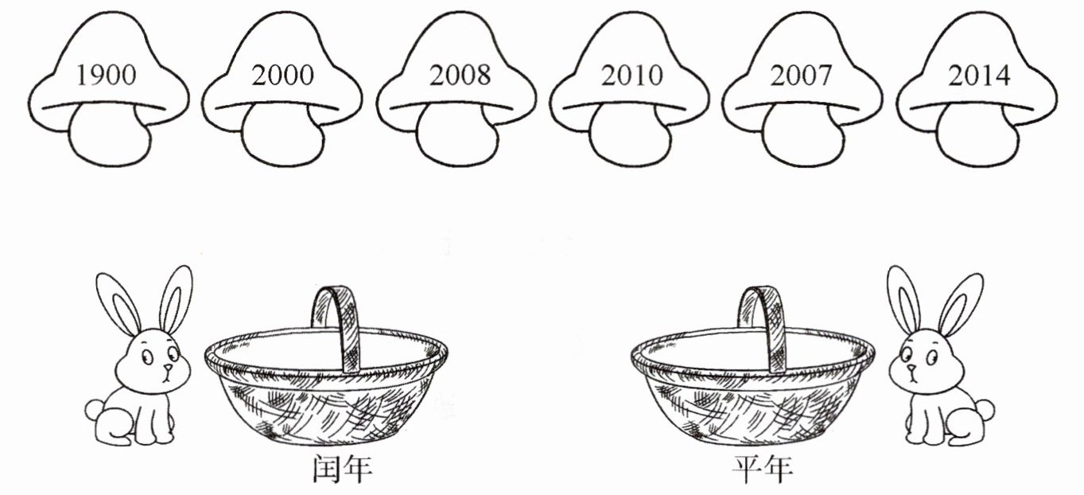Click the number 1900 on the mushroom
click(x=107, y=76)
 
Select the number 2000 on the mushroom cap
click(x=282, y=76)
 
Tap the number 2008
click(x=460, y=76)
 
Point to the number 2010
click(x=632, y=76)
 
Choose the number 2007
click(x=802, y=76)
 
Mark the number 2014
click(x=979, y=76)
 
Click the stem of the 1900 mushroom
click(x=109, y=138)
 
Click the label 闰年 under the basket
click(x=341, y=470)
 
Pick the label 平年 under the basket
click(x=763, y=470)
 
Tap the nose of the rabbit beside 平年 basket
click(x=911, y=368)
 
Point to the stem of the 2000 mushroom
click(x=282, y=138)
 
